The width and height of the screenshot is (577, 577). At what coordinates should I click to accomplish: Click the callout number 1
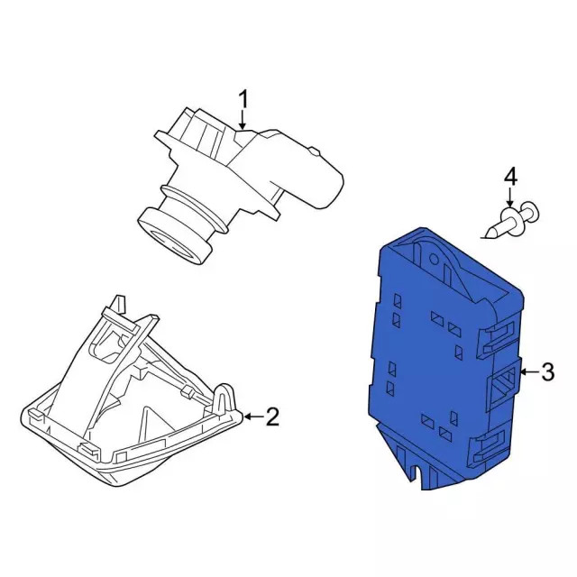point(242,97)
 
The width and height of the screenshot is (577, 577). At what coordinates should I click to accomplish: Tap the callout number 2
point(272,417)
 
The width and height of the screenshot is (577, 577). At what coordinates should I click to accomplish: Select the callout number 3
point(547,371)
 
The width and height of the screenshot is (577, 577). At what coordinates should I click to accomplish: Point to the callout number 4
point(509,176)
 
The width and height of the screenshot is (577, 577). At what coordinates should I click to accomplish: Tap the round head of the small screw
point(531,213)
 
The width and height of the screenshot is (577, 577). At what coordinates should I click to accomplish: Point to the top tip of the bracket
point(117,298)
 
